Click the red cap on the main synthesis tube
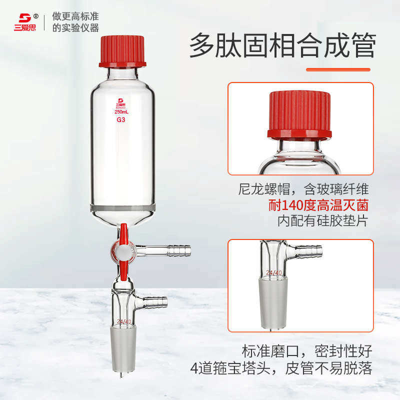pos(122,50)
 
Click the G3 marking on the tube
pos(121,120)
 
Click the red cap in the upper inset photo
pos(299,115)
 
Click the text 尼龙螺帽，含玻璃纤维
pos(303,189)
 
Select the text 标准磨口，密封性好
pos(307,351)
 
